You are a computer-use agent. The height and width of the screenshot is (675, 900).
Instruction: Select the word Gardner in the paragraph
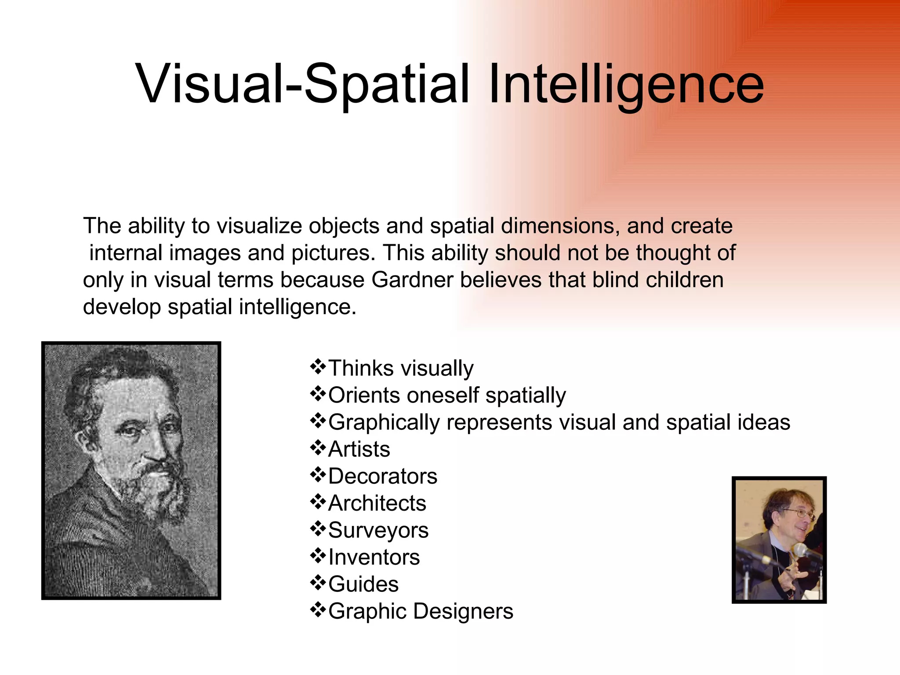412,280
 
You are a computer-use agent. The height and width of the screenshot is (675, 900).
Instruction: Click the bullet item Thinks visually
400,368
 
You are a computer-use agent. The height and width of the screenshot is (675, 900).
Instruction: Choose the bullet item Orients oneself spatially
446,395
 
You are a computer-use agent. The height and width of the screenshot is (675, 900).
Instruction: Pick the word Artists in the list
359,449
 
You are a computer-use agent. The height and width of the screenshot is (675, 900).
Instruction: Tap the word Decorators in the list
382,476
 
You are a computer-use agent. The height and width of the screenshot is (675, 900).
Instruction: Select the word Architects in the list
377,503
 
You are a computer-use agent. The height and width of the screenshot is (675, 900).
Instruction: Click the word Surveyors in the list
378,530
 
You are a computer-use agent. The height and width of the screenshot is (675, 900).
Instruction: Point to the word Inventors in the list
374,557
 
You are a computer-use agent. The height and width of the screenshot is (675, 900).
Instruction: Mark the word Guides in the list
363,584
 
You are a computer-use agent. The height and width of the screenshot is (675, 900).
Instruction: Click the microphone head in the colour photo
801,551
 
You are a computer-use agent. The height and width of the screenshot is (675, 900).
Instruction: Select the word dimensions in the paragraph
560,226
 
